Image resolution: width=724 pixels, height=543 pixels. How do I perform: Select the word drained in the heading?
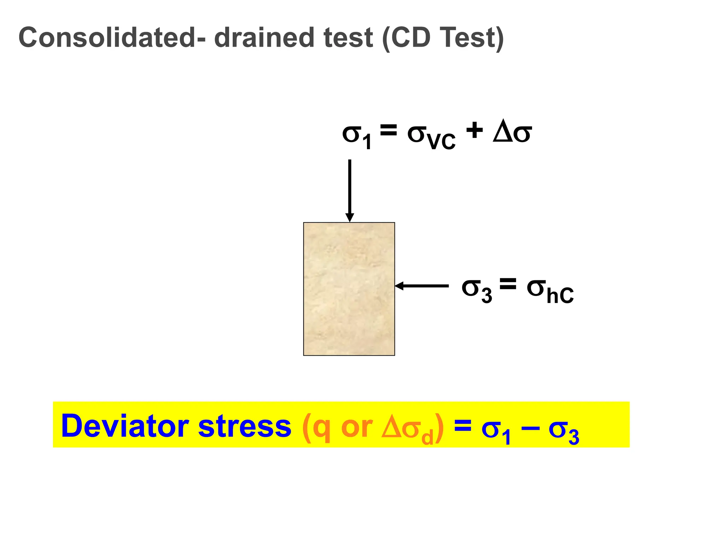pyautogui.click(x=264, y=37)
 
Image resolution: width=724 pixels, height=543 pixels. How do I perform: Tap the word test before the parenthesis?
pyautogui.click(x=348, y=37)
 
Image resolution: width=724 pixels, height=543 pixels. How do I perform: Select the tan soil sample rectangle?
pyautogui.click(x=349, y=289)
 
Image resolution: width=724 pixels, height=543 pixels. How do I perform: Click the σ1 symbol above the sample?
pyautogui.click(x=356, y=136)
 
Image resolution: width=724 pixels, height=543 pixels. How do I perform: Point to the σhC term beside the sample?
pyautogui.click(x=550, y=291)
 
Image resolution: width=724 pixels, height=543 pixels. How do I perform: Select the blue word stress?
pyautogui.click(x=245, y=426)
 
